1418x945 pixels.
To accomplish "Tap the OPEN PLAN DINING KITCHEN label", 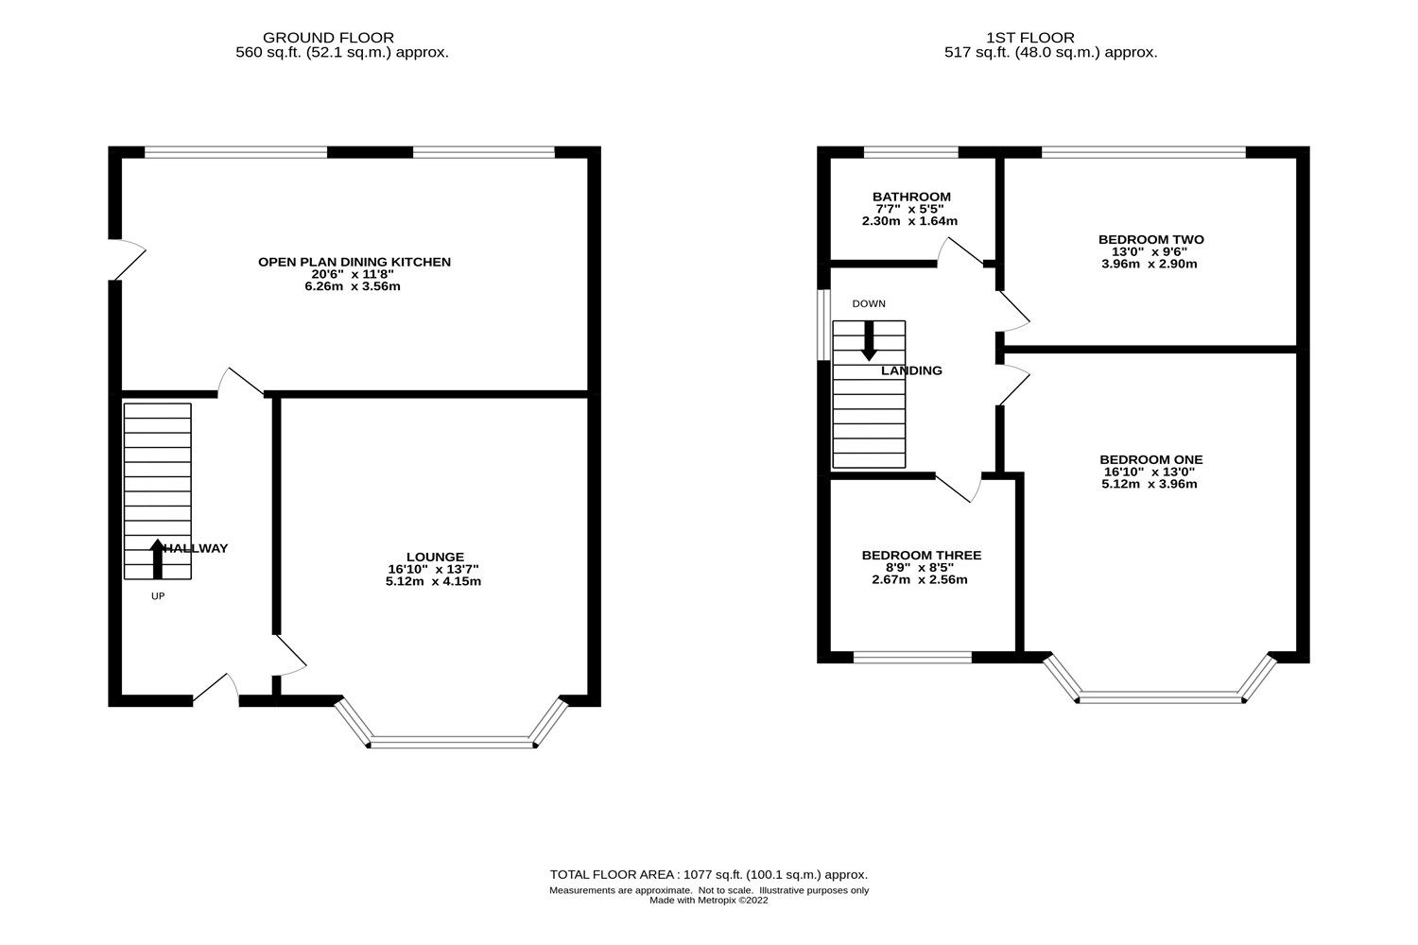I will (354, 262).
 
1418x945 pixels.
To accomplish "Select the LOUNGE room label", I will (435, 557).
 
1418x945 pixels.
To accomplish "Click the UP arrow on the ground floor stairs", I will (157, 558).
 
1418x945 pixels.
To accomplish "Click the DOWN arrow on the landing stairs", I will (868, 342).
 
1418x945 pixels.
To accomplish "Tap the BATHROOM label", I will (911, 197).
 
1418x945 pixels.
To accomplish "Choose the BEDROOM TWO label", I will (1150, 239).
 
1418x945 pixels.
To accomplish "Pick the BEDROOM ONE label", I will (1150, 459).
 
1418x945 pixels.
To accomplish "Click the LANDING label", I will (911, 370).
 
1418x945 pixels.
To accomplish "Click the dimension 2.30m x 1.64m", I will (909, 221).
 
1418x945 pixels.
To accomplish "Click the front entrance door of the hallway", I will (216, 691).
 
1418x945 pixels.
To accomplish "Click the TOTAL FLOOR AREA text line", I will (708, 874).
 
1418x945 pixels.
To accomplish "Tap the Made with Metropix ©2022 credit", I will (708, 901).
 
